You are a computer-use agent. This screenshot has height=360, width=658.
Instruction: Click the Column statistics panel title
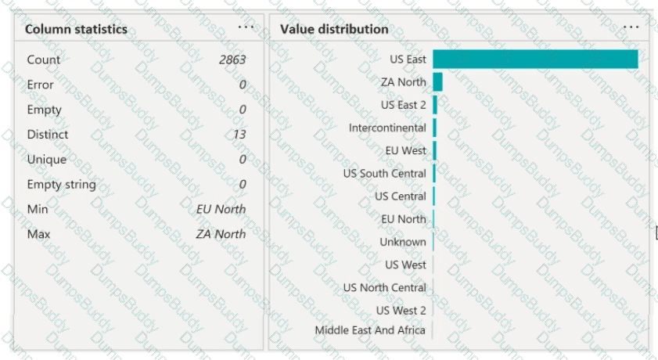point(76,30)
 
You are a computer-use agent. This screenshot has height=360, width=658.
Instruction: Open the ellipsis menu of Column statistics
point(246,26)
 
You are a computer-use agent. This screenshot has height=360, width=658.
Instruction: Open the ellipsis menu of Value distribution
point(631,26)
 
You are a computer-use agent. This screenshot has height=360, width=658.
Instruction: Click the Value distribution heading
point(334,30)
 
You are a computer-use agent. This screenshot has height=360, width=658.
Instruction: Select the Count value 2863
point(232,59)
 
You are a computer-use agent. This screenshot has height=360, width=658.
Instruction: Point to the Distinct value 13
point(239,135)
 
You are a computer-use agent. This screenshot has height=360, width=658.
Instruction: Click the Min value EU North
point(221,209)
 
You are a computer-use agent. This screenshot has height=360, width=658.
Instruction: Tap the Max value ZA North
point(221,234)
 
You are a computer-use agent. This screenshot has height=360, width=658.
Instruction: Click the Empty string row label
point(61,185)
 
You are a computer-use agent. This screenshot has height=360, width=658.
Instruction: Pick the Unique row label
point(47,160)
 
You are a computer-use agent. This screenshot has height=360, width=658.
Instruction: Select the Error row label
point(41,85)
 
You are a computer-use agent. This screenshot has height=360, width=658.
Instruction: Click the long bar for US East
point(535,59)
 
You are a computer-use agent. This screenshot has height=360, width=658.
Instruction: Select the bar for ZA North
point(437,82)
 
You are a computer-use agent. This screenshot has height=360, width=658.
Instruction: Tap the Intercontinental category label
point(387,128)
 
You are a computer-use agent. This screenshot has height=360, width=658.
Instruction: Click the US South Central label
point(385,173)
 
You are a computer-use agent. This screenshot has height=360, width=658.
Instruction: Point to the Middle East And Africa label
point(370,330)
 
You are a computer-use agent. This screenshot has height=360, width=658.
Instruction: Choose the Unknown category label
point(403,242)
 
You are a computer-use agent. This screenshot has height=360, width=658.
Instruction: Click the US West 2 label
point(401,311)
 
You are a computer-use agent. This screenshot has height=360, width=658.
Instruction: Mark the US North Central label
point(385,288)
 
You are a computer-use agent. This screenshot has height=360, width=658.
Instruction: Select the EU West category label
point(405,150)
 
